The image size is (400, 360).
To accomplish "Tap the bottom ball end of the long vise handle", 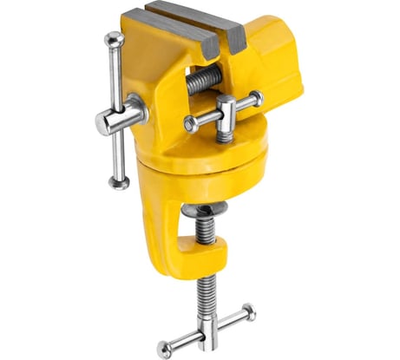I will click(118, 181).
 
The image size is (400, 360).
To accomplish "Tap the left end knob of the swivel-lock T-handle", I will click(189, 124).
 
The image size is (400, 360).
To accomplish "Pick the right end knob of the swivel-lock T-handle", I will click(256, 99).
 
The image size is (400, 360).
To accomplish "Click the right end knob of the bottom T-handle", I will click(250, 310).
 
